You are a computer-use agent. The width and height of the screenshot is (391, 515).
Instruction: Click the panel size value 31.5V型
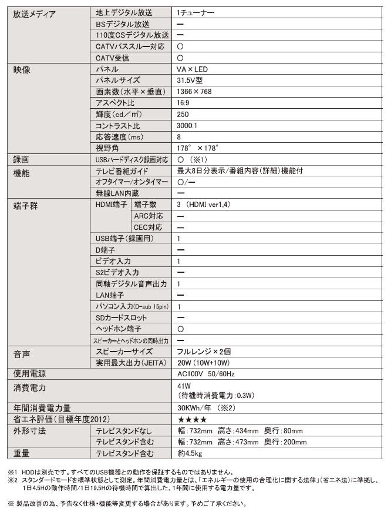pos(191,81)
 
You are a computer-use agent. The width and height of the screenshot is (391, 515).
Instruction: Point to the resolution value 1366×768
pos(194,92)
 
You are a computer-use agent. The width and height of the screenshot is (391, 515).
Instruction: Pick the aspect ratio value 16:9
pos(184,103)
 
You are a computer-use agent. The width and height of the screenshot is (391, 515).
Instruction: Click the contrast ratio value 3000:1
pos(188,126)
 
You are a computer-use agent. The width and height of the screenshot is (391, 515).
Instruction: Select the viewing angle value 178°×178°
pos(197,148)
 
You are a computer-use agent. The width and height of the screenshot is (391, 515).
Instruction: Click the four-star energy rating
pos(191,419)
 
